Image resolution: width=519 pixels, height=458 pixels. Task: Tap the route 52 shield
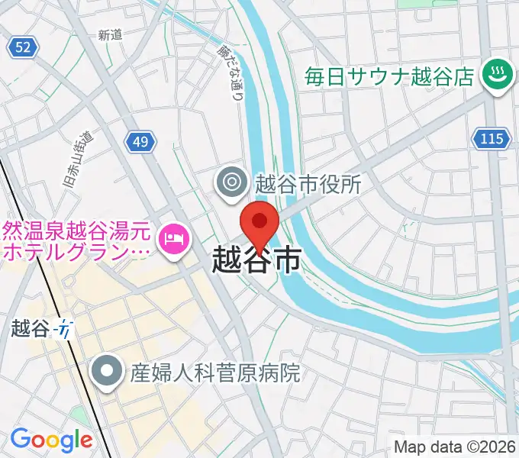click(x=23, y=47)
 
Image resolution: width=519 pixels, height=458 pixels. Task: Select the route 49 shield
click(x=140, y=141)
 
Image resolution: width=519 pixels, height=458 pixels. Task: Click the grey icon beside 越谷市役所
click(x=229, y=182)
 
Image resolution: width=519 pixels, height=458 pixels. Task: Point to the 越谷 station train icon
click(x=66, y=329)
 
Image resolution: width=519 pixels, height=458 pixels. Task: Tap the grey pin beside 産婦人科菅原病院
click(x=107, y=372)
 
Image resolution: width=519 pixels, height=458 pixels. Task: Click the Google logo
click(x=51, y=440)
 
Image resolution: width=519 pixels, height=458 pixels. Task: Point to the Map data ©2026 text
click(x=456, y=447)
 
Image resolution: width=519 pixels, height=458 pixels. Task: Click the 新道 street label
click(x=111, y=34)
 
